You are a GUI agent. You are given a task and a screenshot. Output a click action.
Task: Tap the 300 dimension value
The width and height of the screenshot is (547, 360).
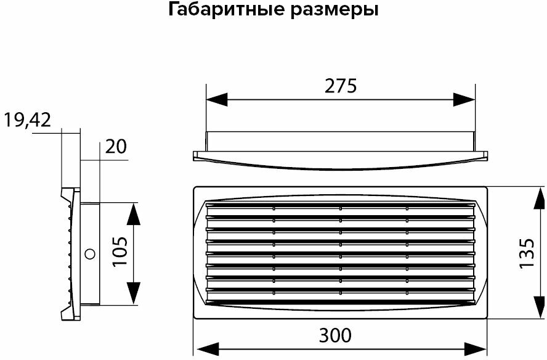335,335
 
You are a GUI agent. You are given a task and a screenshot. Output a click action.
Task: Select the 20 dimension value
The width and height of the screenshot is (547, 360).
116,147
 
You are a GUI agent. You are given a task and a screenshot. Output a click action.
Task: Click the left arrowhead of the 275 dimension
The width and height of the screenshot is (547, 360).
216,99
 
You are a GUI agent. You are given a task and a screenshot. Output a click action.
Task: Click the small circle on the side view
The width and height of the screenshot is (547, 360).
89,253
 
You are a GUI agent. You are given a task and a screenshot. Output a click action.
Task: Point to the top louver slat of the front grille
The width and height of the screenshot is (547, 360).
340,206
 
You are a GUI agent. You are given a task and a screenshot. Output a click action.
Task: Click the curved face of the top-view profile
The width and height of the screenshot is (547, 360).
340,163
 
